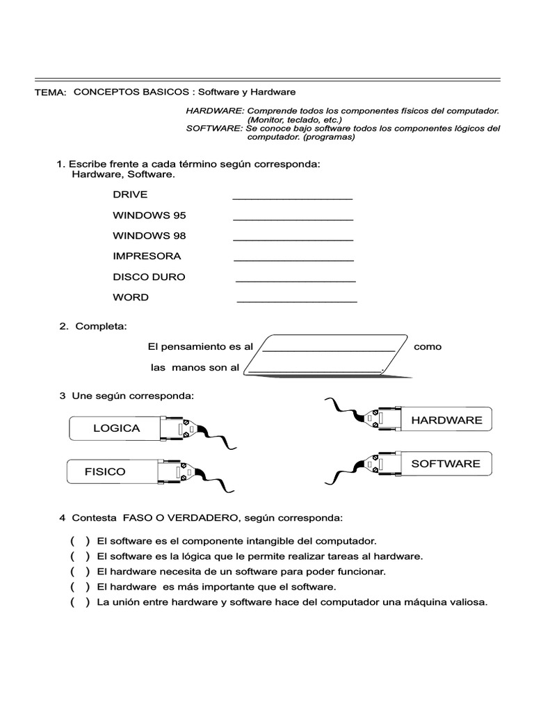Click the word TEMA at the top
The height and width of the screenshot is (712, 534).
pos(50,92)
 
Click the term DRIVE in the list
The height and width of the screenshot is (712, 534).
pos(130,195)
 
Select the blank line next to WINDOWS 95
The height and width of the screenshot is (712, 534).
pos(293,219)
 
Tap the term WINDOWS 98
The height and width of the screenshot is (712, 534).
pos(149,236)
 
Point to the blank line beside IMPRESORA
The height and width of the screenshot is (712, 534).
pos(293,260)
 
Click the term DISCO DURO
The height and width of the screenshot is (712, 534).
pos(149,277)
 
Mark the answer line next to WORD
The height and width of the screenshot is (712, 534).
pos(297,301)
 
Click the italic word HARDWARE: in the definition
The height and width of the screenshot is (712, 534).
pos(215,111)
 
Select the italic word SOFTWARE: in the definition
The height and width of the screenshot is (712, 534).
pos(214,129)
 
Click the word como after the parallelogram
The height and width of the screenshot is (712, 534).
pos(428,346)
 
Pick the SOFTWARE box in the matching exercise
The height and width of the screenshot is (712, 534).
pos(445,463)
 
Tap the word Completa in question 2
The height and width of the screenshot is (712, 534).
pos(101,326)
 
